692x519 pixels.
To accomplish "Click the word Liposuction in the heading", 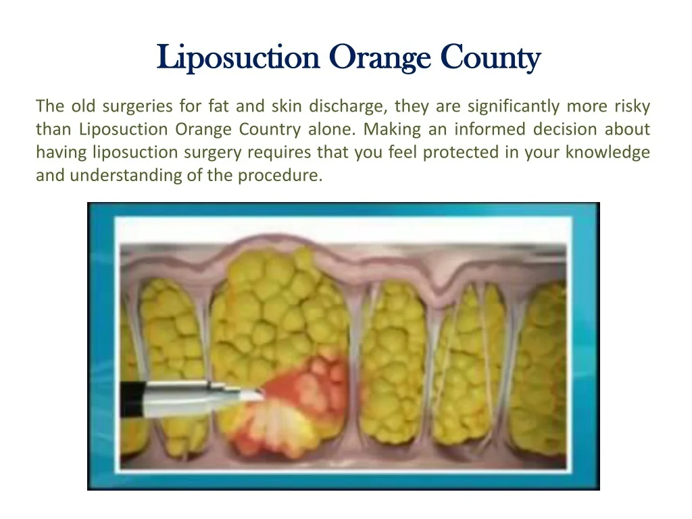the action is coord(238,57).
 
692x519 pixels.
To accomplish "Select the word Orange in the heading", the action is coord(380,58).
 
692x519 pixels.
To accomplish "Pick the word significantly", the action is coord(514,107).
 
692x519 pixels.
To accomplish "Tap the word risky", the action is coord(632,107).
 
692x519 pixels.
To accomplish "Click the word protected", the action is coord(461,153).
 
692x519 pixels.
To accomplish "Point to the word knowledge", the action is coord(608,153).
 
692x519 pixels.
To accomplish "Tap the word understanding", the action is coord(126,176).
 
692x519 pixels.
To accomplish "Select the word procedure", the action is coord(280,176).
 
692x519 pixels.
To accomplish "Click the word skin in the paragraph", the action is coord(287,106).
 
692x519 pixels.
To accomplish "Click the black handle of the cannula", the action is coord(132,399).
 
